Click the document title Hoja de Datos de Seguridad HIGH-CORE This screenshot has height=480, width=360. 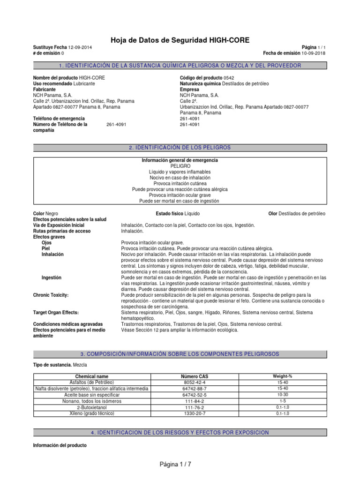pyautogui.click(x=180, y=40)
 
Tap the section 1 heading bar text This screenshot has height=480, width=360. pyautogui.click(x=180, y=66)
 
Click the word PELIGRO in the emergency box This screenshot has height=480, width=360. pyautogui.click(x=180, y=166)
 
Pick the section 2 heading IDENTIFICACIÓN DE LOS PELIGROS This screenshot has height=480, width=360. pyautogui.click(x=180, y=148)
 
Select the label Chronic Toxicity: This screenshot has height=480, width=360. pyautogui.click(x=51, y=295)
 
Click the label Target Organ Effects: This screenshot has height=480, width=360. pyautogui.click(x=55, y=312)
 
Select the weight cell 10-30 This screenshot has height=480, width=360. pyautogui.click(x=283, y=395)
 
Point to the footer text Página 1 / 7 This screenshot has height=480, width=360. pyautogui.click(x=175, y=464)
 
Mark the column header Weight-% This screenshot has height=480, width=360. pyautogui.click(x=283, y=376)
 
